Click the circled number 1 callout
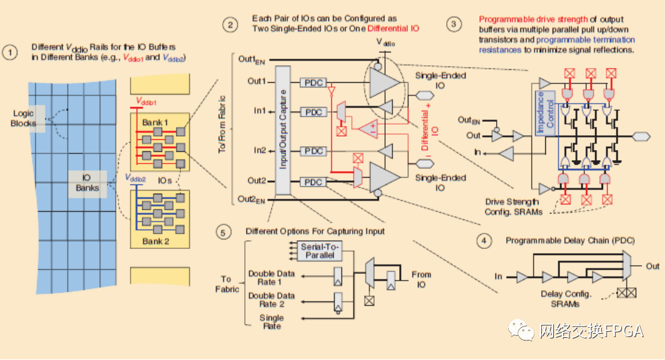(9, 52)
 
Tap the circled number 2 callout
(230, 25)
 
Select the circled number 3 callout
(454, 24)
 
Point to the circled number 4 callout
(484, 241)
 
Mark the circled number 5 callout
(223, 232)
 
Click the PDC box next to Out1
(314, 82)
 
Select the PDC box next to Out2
(314, 182)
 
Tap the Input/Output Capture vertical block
(283, 130)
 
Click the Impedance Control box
(545, 113)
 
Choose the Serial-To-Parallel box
(320, 250)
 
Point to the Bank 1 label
(155, 122)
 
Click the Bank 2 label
(155, 242)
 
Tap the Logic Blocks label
(24, 118)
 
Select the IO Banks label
(87, 183)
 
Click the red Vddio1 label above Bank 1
(146, 102)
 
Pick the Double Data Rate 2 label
(271, 300)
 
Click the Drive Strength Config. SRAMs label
(513, 207)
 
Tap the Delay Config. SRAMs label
(566, 299)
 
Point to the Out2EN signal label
(251, 199)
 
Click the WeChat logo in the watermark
(521, 330)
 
